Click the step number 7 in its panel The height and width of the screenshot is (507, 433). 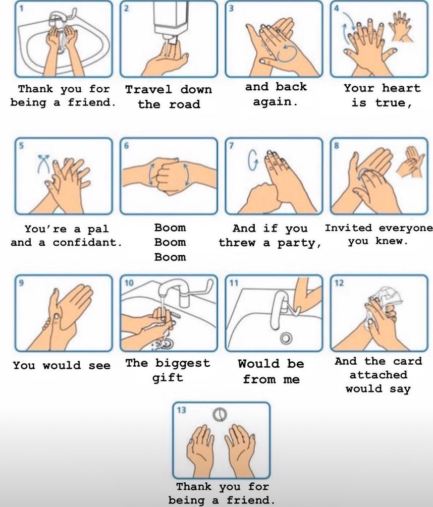pos(231,146)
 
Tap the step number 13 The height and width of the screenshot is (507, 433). pos(181,410)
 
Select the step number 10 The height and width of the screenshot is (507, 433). pos(129,283)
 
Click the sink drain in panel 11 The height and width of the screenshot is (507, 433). pos(286,338)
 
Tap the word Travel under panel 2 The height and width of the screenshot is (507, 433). pos(148,90)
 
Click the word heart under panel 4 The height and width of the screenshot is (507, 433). pos(401,88)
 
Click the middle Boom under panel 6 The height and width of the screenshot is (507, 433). pos(170,242)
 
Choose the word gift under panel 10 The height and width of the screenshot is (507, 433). pos(168,378)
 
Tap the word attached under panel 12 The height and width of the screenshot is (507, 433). pos(378,375)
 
